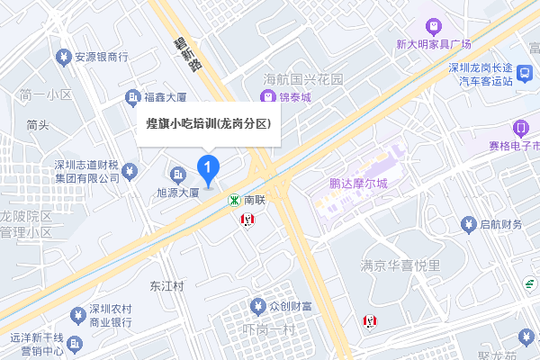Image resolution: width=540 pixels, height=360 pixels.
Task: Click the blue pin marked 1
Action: point(209,167)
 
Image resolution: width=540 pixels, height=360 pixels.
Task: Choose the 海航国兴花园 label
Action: point(304,79)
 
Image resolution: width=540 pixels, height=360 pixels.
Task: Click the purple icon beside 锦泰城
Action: point(267,95)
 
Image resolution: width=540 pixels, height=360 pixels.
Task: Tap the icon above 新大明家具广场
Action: point(435,25)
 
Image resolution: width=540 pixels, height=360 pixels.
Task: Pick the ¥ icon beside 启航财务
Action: point(467,223)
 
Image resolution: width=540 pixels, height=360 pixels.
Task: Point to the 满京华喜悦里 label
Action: point(400,265)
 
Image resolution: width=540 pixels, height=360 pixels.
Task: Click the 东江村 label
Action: point(166,287)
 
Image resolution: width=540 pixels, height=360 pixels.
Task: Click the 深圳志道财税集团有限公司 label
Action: point(86,171)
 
